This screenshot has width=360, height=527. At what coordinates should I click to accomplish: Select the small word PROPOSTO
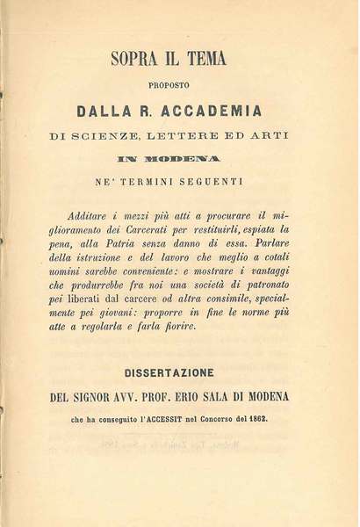(x=179, y=85)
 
